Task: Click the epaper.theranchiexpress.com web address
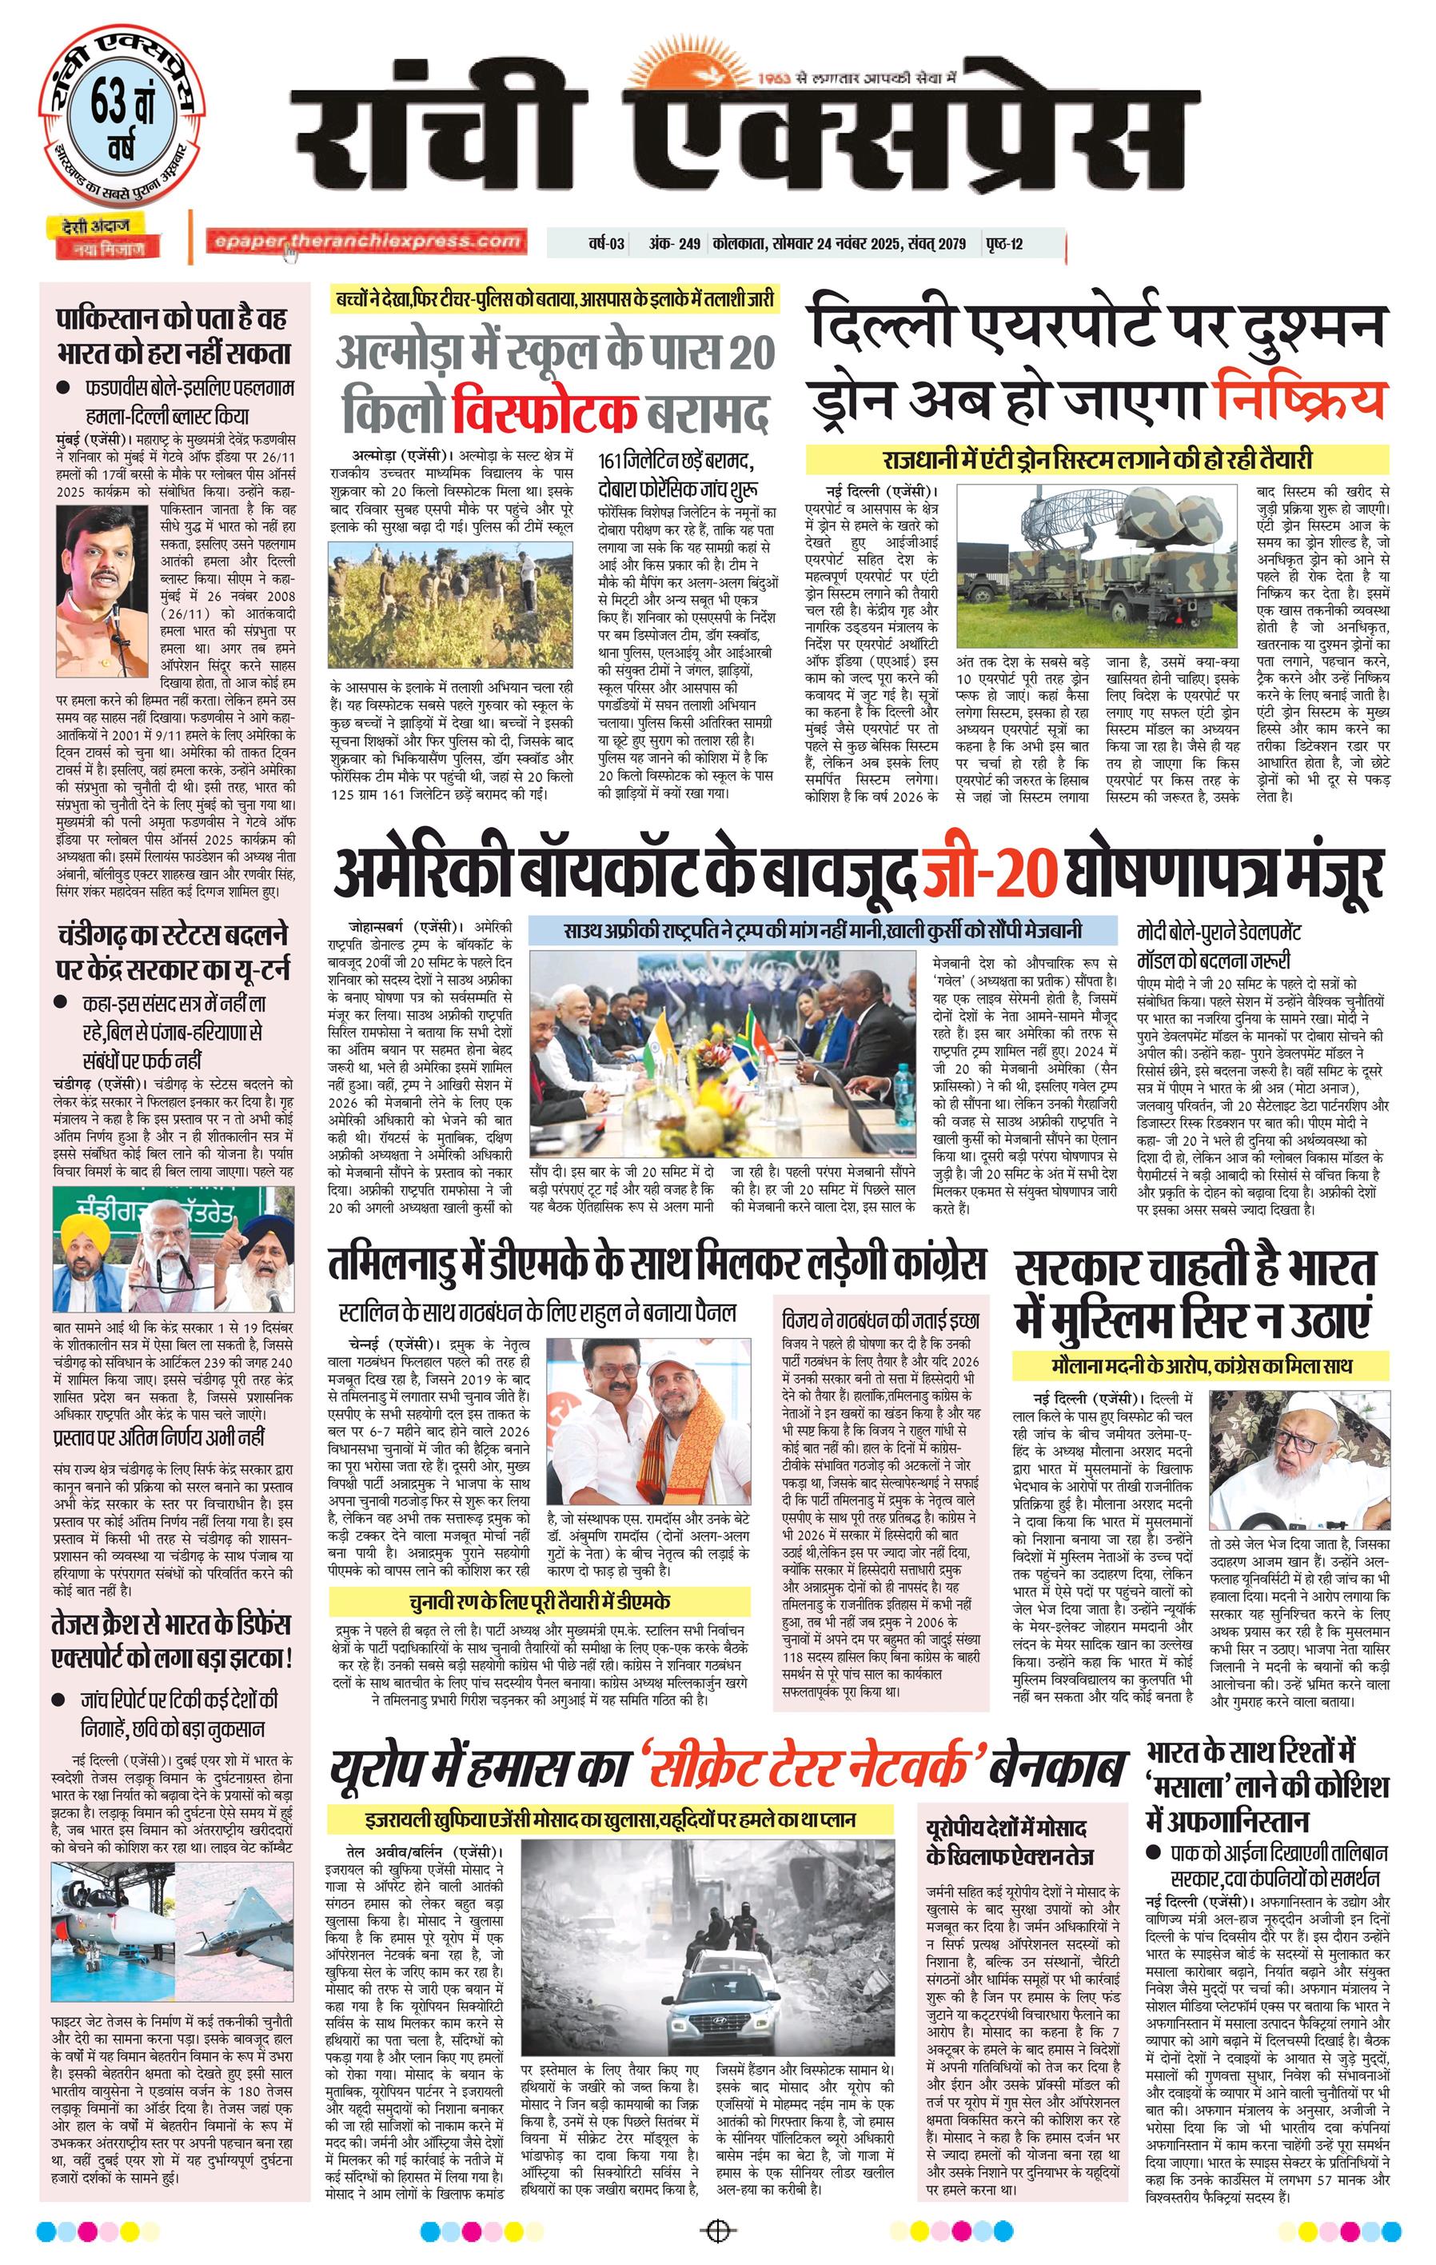click(367, 242)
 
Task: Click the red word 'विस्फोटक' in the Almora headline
click(544, 411)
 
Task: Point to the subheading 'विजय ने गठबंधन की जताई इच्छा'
click(880, 1320)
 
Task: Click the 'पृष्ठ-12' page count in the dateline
click(1004, 244)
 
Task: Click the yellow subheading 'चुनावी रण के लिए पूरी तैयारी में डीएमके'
click(539, 1602)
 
